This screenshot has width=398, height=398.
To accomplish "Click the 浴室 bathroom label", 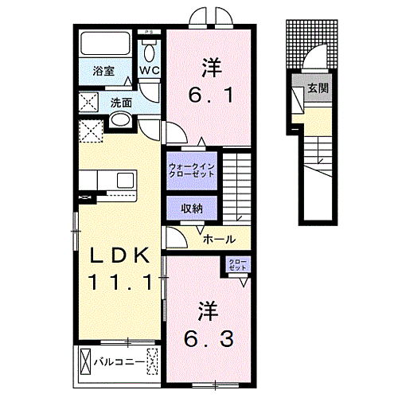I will pos(103,71).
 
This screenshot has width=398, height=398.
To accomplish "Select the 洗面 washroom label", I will pos(120,102).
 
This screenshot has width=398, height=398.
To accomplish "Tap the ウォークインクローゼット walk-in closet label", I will pos(191,170).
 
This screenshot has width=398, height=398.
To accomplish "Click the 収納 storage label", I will pos(191,208).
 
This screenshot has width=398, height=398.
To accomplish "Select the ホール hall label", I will pos(218,238).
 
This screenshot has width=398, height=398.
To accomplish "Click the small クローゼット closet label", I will pos(237,265).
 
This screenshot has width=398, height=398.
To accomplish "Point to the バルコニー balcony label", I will pos(119,362).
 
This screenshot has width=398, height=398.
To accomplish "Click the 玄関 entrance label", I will pos(318,89).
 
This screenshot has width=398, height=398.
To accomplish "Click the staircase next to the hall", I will pos(236,186).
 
